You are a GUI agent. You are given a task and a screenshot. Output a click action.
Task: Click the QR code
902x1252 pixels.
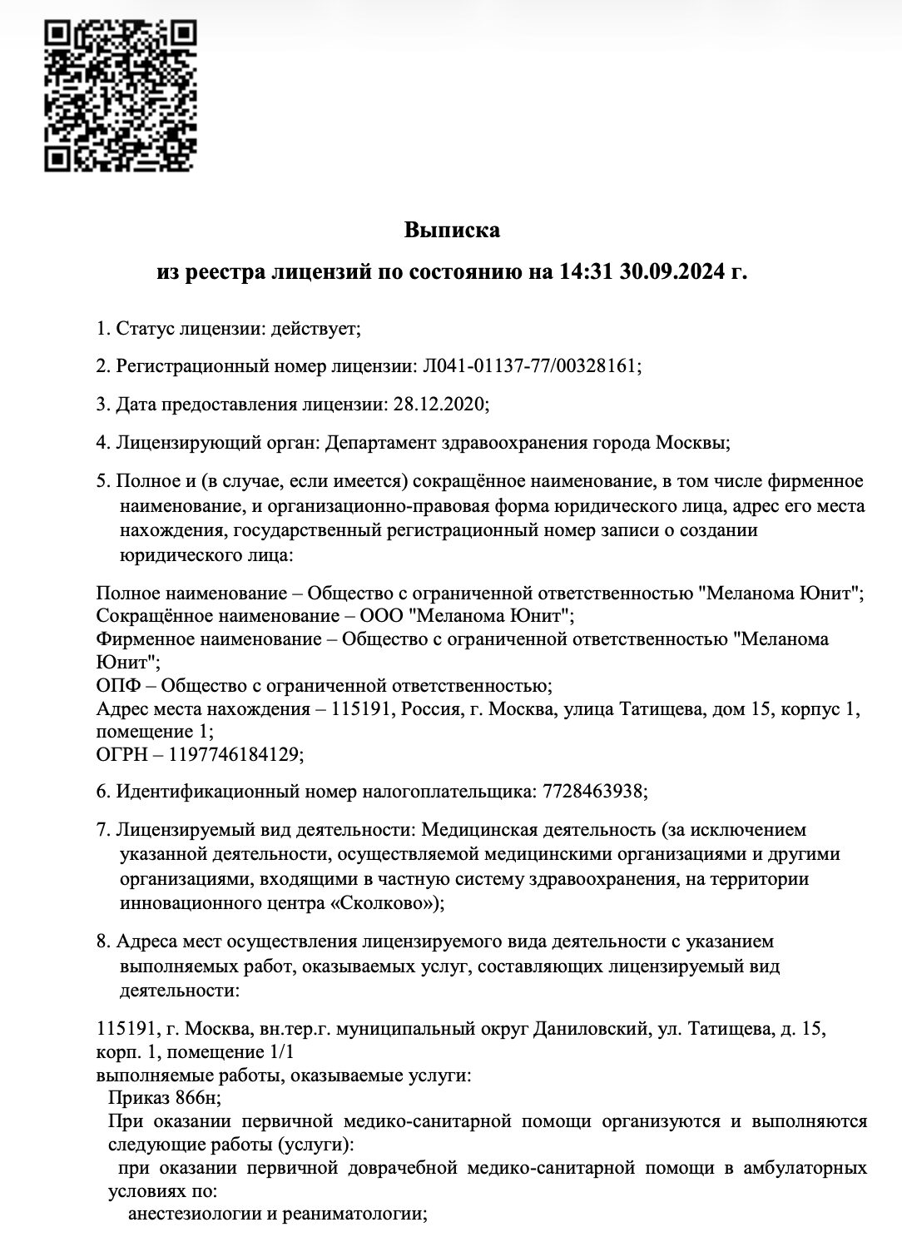120,96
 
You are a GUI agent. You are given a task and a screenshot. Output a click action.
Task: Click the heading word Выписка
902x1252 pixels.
452,230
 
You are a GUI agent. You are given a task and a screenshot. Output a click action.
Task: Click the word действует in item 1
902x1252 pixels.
317,328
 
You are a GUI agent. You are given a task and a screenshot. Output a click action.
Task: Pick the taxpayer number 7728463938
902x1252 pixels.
593,791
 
